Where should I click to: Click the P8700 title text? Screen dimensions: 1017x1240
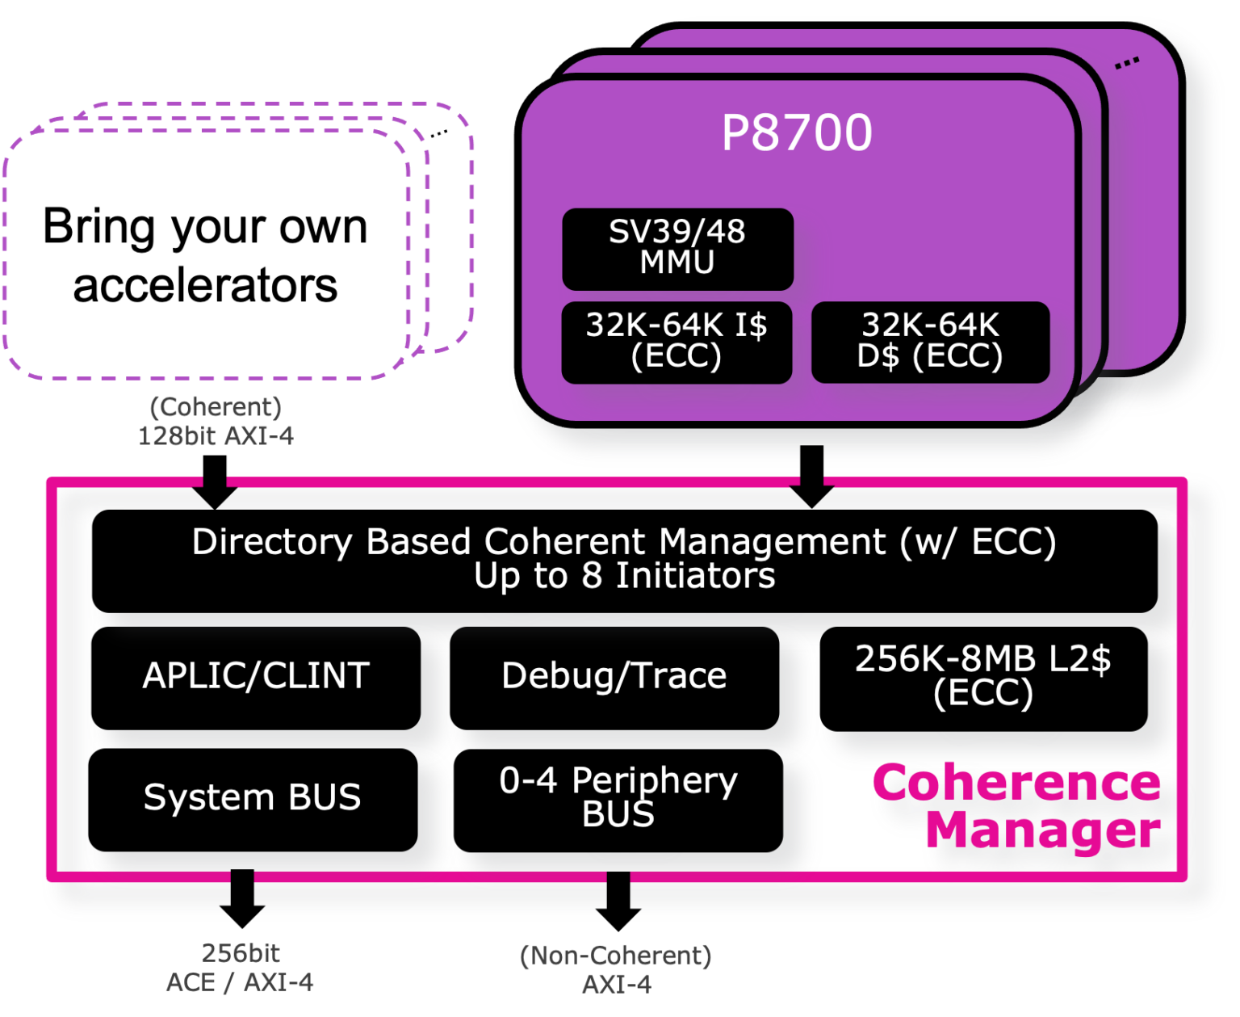[796, 132]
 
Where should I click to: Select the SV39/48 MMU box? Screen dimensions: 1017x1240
[677, 248]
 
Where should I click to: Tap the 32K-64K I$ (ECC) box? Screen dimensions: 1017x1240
[677, 342]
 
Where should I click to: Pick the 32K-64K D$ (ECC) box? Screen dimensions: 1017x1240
[930, 342]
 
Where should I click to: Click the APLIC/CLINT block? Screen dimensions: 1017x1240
[256, 677]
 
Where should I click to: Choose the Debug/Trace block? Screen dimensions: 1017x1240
[614, 677]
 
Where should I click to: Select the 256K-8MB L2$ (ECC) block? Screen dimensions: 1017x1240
[983, 677]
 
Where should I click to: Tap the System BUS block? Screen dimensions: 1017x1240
[252, 798]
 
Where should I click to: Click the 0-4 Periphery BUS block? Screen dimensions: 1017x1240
[618, 798]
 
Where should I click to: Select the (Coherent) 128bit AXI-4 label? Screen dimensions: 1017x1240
[216, 422]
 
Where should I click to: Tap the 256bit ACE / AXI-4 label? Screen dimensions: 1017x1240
[240, 968]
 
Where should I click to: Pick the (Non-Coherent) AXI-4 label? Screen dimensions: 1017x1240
[616, 969]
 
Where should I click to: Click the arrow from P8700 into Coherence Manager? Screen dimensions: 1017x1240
[811, 477]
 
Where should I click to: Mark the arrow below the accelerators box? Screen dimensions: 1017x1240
[215, 491]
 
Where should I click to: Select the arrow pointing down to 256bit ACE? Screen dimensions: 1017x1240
[241, 894]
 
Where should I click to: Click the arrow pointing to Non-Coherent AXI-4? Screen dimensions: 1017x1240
[618, 896]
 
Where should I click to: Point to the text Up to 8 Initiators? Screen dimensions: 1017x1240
[624, 577]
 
